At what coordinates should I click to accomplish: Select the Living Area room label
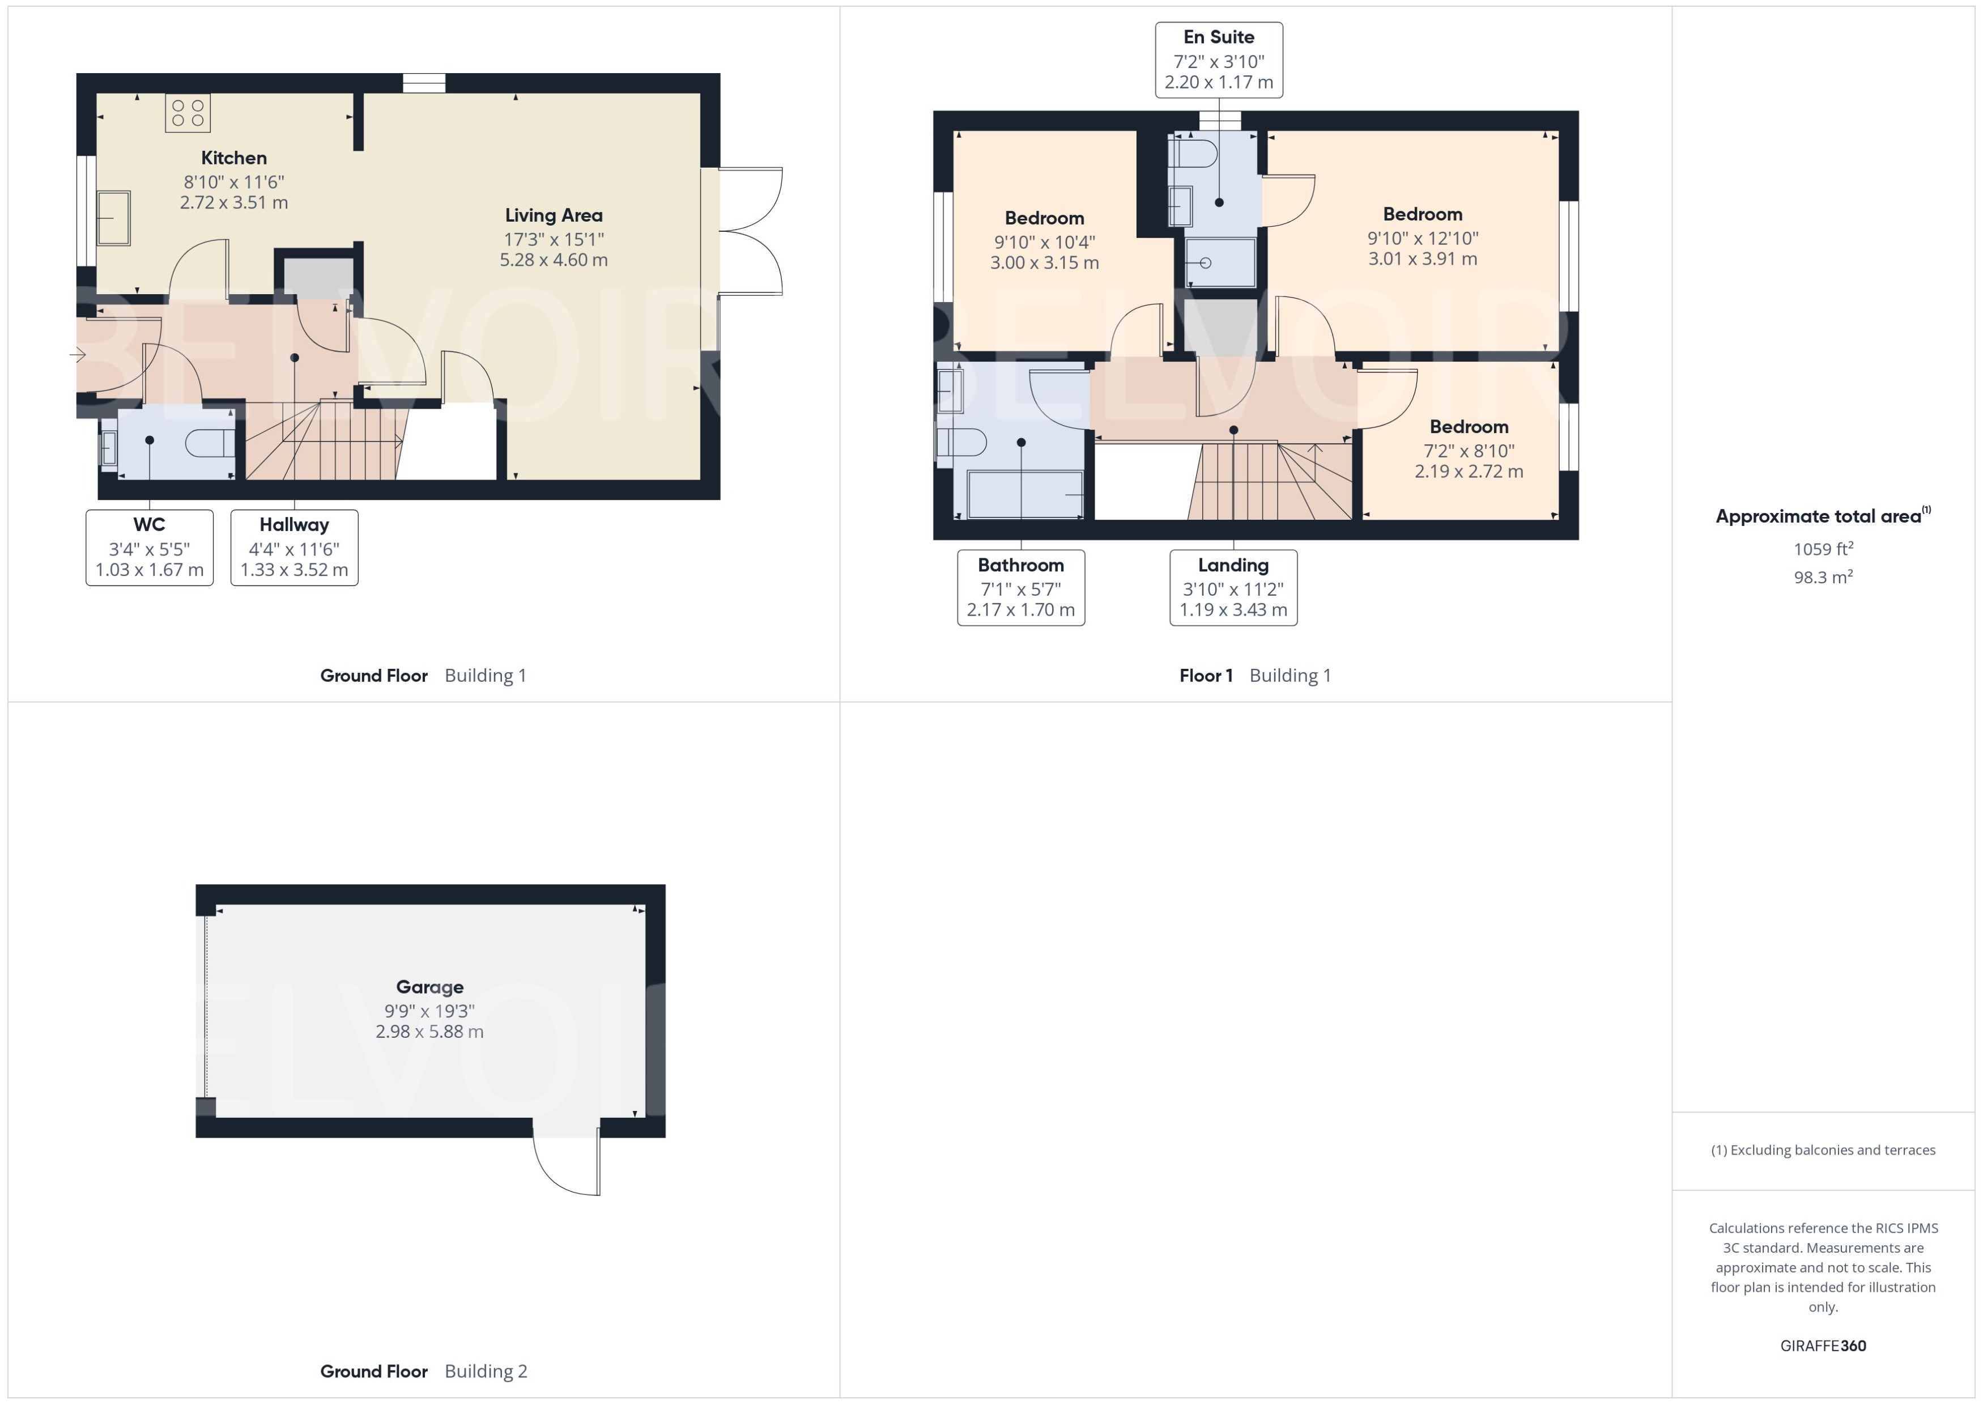553,216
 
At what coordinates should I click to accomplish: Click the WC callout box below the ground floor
150,547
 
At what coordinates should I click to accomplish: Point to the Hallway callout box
294,547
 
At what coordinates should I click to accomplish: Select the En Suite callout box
1218,60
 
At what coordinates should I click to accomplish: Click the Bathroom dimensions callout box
1020,588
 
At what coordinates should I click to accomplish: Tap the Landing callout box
1233,588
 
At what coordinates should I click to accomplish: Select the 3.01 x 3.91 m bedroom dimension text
1422,258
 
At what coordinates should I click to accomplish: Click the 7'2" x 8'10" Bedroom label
1469,427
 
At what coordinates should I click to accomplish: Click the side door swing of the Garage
566,1163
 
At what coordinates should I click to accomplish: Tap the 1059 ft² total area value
1823,549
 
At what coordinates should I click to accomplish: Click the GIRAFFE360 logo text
1823,1346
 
